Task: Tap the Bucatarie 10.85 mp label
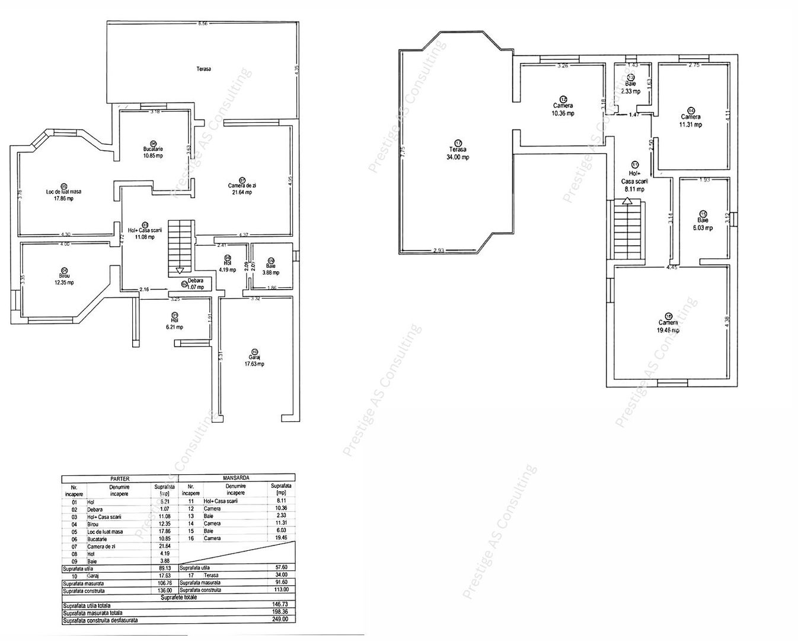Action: click(x=153, y=152)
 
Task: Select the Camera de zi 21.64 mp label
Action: click(x=241, y=189)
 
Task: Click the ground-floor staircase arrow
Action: click(x=180, y=271)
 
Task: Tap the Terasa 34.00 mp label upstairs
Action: click(x=458, y=153)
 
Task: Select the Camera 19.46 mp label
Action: click(x=668, y=326)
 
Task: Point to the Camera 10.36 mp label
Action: click(x=562, y=109)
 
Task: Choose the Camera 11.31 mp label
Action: click(x=691, y=120)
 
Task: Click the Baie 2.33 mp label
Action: click(x=630, y=88)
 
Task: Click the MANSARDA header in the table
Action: click(x=235, y=478)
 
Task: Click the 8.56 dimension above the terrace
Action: click(x=203, y=24)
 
